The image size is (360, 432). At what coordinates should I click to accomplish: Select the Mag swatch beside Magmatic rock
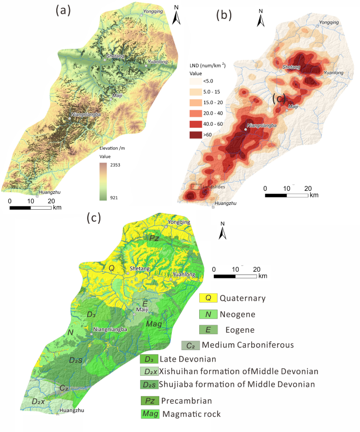click(x=150, y=414)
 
